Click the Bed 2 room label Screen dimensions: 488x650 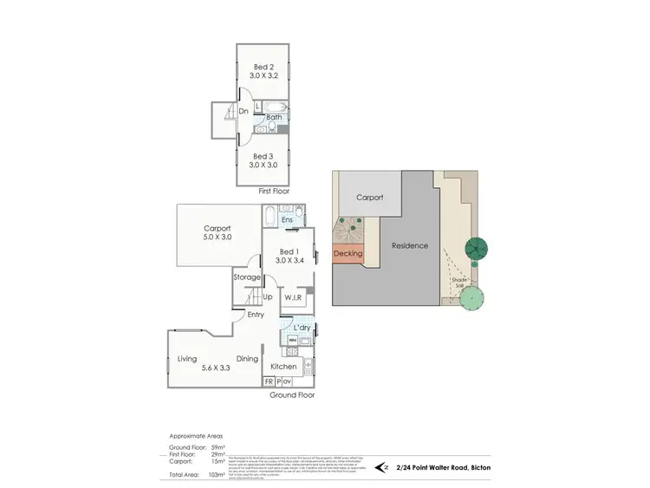pos(263,67)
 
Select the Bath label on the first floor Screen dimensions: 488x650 pos(274,117)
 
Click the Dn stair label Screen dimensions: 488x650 pos(244,111)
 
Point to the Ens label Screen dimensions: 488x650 pos(286,221)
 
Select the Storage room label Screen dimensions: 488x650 pos(247,277)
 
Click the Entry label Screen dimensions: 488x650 pos(256,315)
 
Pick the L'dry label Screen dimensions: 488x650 pos(302,328)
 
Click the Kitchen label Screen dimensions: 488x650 pos(283,367)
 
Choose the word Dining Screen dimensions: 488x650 pos(248,359)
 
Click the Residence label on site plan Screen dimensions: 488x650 pos(410,245)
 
